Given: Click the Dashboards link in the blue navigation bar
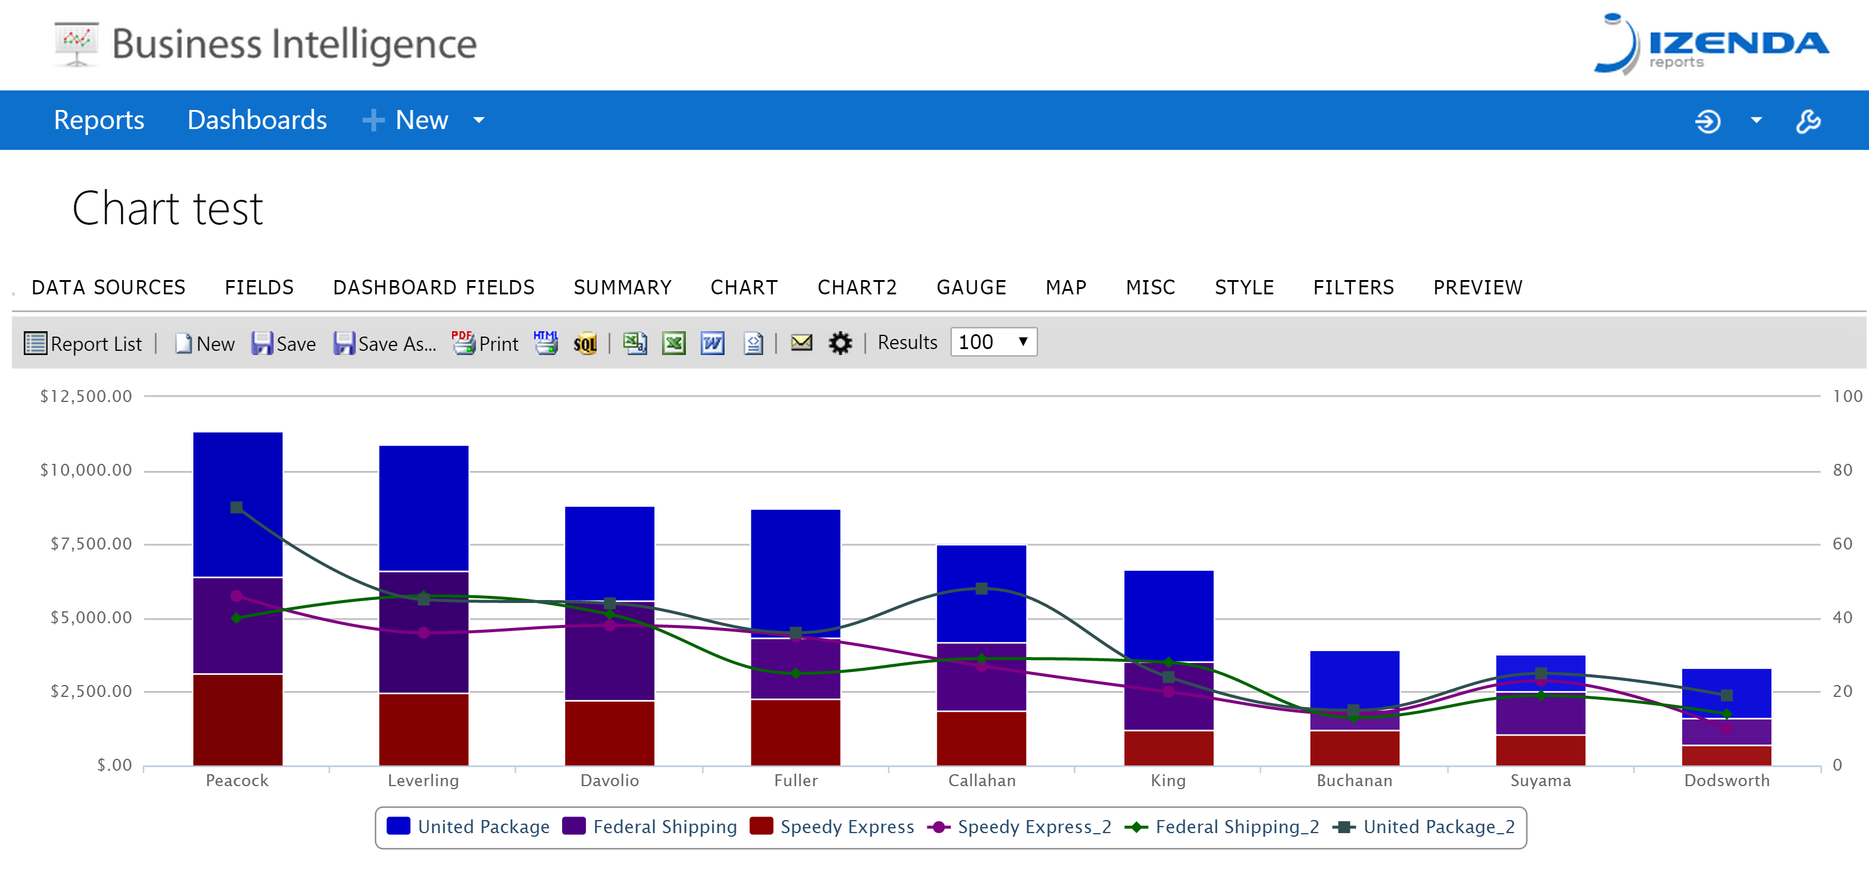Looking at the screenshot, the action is point(257,120).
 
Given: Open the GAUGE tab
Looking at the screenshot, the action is point(971,287).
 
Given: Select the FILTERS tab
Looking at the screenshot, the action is point(1353,287).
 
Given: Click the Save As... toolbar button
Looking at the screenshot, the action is point(384,343).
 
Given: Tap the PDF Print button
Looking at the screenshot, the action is point(485,343).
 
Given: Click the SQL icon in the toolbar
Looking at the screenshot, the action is point(585,343).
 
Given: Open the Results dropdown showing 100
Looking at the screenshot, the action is point(993,341).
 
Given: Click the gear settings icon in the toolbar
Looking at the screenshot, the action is point(840,343).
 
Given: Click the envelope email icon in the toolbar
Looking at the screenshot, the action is point(801,341).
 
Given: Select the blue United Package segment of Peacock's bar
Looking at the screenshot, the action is point(237,504).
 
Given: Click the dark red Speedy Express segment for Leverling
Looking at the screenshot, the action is point(424,729).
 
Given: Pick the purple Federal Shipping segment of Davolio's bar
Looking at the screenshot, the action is point(610,651).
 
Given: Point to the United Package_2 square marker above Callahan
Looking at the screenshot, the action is point(981,588).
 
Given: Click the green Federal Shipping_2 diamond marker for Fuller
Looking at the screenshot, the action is point(796,673).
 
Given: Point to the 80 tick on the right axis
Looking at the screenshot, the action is point(1842,470).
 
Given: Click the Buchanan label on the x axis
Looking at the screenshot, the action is point(1354,780).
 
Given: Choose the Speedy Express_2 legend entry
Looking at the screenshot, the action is point(1020,827).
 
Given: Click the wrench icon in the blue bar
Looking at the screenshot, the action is point(1808,120).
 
